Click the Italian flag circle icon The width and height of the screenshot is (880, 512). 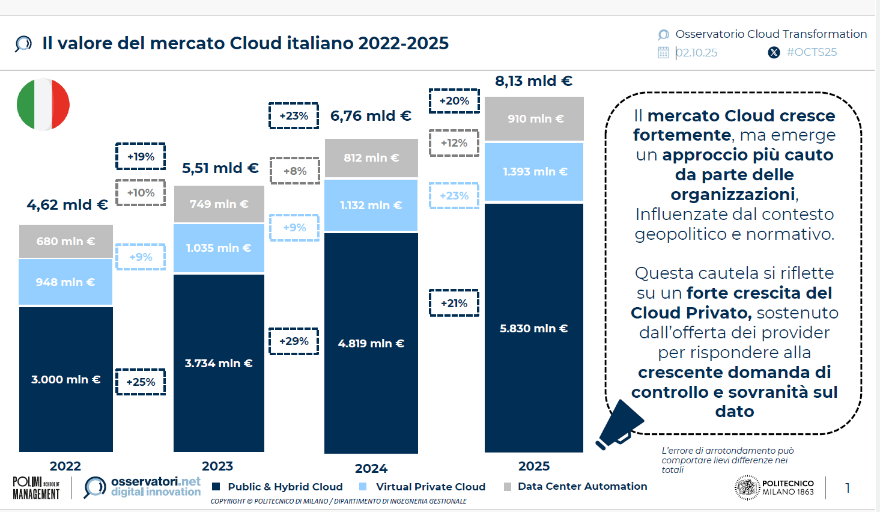click(x=43, y=104)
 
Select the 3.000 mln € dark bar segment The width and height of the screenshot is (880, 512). click(x=66, y=379)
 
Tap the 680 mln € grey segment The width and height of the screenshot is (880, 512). click(x=66, y=241)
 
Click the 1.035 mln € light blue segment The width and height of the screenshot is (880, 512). click(x=219, y=248)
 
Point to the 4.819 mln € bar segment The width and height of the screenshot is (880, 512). click(x=371, y=343)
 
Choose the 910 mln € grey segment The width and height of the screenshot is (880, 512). click(x=535, y=118)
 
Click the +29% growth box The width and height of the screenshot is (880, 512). click(x=294, y=341)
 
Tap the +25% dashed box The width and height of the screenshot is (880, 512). click(x=141, y=382)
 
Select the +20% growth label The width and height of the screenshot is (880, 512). click(x=454, y=101)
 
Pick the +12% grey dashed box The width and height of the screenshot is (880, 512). click(x=454, y=143)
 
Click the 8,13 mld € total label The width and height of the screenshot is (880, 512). click(x=533, y=81)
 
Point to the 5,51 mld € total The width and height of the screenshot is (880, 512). click(x=220, y=168)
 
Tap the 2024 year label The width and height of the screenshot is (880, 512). click(x=371, y=468)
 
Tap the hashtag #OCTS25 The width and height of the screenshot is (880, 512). click(x=812, y=52)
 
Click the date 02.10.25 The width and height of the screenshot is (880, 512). click(x=697, y=53)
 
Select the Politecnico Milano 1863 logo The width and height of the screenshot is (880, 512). click(x=774, y=487)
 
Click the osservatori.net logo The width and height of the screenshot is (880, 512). click(x=142, y=487)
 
